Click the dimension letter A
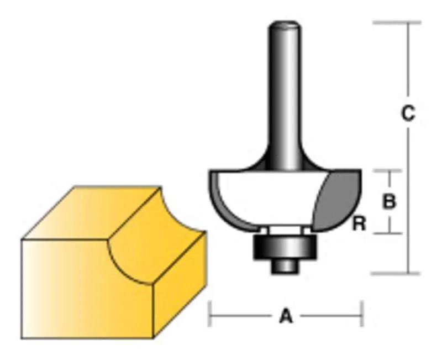click(x=285, y=317)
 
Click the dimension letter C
click(x=407, y=113)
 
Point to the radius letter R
click(x=359, y=224)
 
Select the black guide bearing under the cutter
click(x=285, y=247)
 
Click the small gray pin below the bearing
click(x=285, y=265)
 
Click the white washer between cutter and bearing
click(x=285, y=229)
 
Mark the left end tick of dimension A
click(x=210, y=317)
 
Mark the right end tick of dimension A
click(x=361, y=317)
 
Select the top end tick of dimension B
click(x=390, y=170)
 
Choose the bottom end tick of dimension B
click(x=390, y=233)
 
